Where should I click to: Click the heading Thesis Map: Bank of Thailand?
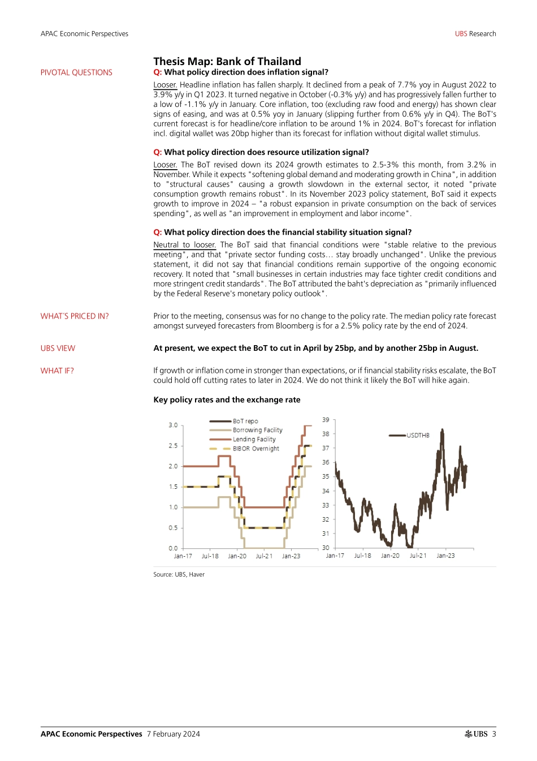click(227, 61)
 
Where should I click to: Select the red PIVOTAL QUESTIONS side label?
click(76, 72)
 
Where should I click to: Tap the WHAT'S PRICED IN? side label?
click(75, 316)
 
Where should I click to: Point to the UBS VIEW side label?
click(58, 349)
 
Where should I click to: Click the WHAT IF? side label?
click(57, 371)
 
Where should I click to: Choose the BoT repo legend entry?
click(245, 421)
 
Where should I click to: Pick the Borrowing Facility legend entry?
click(257, 430)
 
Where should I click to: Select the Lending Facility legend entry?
click(254, 439)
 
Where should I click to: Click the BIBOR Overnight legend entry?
click(255, 449)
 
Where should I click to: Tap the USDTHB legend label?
click(418, 435)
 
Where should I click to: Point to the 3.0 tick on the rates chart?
click(173, 425)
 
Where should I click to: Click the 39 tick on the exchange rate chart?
click(326, 420)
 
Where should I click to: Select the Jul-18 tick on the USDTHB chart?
click(362, 556)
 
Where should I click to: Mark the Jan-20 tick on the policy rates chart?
click(237, 556)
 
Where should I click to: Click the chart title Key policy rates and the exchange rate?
click(227, 400)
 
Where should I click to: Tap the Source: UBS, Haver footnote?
click(179, 574)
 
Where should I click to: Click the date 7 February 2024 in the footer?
click(173, 734)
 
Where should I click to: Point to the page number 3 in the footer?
click(493, 734)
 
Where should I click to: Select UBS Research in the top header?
click(475, 34)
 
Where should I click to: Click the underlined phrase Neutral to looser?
click(184, 245)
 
